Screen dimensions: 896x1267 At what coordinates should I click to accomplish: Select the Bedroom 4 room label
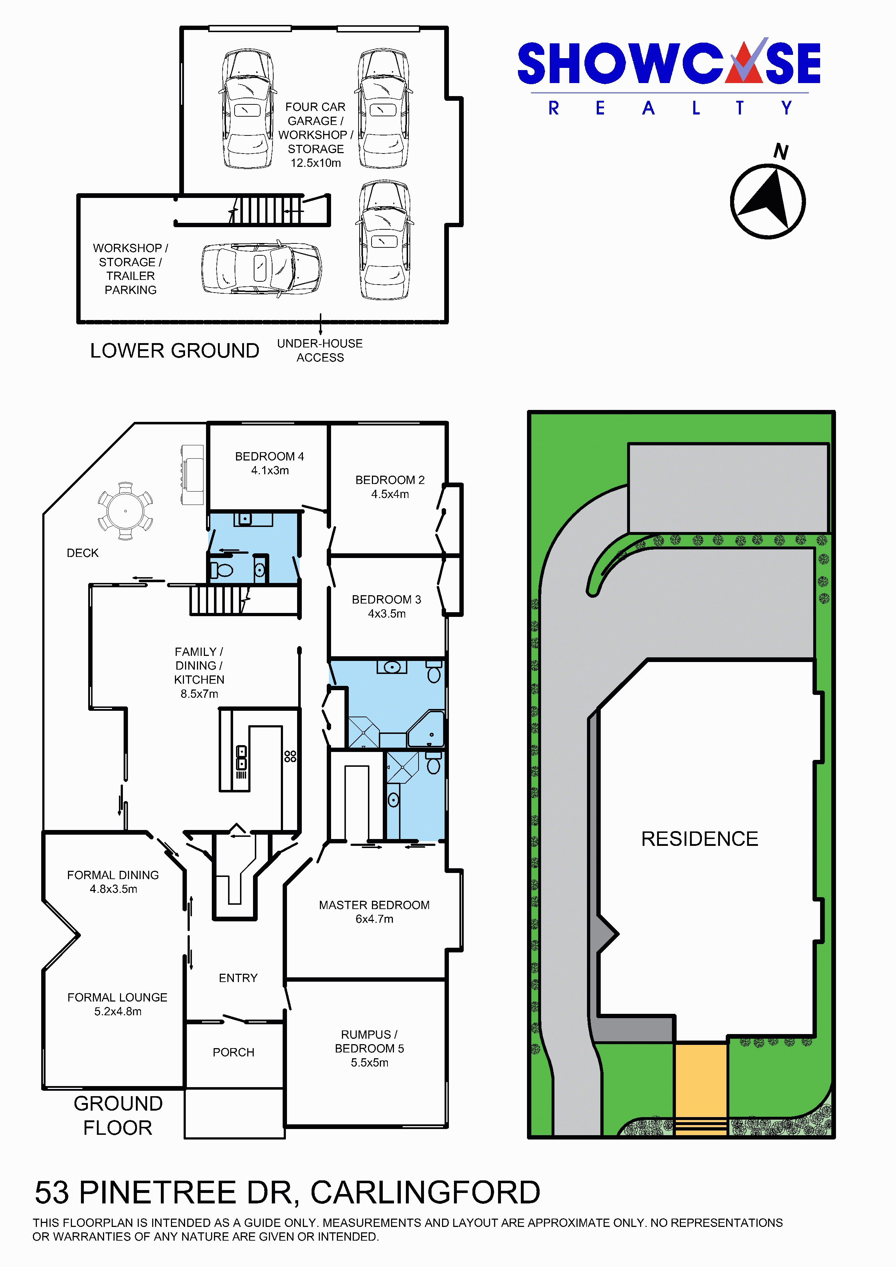[x=269, y=463]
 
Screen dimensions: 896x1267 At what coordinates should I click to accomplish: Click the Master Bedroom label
[x=374, y=912]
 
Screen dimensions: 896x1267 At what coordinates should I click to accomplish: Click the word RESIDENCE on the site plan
[x=699, y=839]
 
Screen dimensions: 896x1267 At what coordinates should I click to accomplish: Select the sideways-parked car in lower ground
[x=261, y=269]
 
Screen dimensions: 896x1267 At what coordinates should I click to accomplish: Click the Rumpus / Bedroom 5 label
[x=369, y=1048]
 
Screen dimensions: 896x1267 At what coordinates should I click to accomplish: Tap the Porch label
[x=233, y=1052]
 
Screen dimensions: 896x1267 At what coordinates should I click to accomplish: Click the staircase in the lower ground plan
[x=266, y=210]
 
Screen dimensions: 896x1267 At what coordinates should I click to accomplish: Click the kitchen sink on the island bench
[x=241, y=758]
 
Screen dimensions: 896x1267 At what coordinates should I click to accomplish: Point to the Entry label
[x=238, y=978]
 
